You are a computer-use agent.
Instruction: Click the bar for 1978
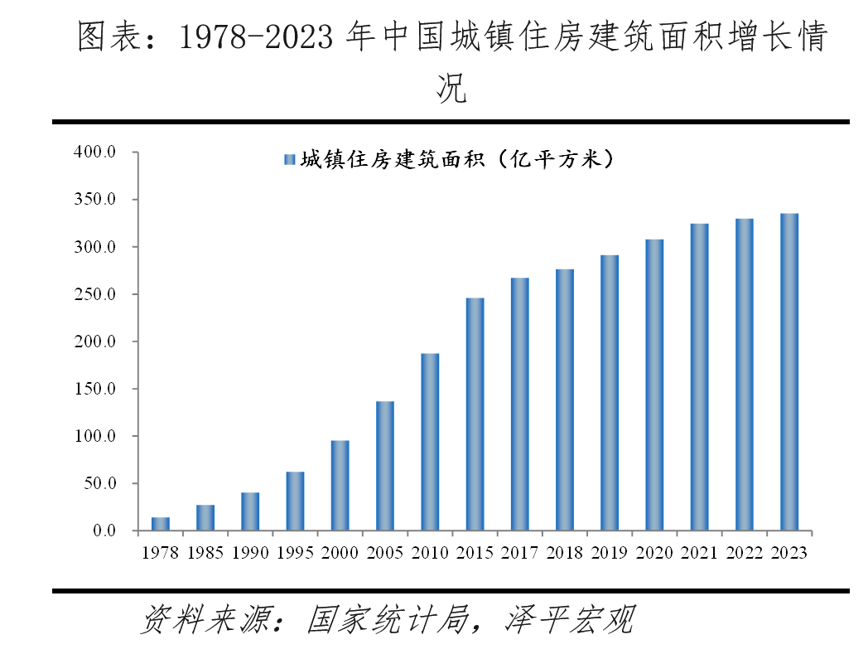[161, 524]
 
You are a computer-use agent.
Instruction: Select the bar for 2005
[385, 466]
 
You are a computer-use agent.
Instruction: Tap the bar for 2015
[475, 414]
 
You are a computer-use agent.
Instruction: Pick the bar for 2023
[789, 372]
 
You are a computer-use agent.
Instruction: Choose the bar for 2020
[654, 385]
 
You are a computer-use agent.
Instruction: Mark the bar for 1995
[295, 501]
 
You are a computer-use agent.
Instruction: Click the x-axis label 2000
[340, 553]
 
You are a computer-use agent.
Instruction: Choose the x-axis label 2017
[519, 553]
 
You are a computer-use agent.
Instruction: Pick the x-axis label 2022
[744, 553]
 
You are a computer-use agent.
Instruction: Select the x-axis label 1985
[205, 553]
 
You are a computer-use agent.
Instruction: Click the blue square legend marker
[289, 159]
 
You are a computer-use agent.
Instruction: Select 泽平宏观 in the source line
[569, 619]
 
